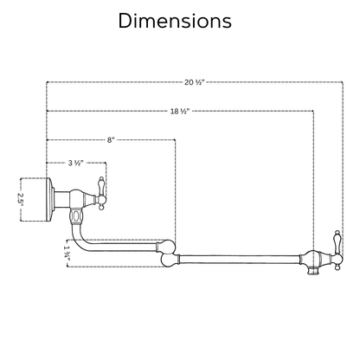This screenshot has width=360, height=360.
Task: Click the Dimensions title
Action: pos(175,21)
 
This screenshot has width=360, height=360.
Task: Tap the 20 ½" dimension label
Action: pos(195,82)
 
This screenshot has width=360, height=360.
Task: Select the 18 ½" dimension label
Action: pos(180,111)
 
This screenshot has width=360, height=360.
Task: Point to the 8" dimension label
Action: pos(111,140)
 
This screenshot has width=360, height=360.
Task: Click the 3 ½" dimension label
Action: pos(76,163)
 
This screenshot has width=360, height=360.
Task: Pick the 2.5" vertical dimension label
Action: pos(20,198)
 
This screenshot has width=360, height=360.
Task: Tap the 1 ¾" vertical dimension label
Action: pos(67,254)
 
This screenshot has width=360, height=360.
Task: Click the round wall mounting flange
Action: pos(49,200)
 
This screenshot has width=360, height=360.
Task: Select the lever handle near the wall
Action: pos(101,193)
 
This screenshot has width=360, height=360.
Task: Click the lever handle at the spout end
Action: pos(337,250)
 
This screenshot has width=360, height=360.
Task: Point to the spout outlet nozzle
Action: pos(312,270)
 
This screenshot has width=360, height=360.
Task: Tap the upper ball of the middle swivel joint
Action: pos(168,247)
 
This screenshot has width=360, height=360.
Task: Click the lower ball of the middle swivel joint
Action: pos(168,260)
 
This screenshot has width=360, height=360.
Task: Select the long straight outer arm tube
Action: pos(240,259)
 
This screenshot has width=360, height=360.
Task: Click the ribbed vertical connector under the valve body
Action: pos(76,216)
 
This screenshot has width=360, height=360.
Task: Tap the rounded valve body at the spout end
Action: pos(313,258)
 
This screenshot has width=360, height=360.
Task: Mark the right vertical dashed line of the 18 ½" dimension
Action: pos(313,181)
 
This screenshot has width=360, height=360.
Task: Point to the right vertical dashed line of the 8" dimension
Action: pos(175,190)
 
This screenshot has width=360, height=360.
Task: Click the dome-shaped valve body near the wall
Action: pos(77,198)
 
